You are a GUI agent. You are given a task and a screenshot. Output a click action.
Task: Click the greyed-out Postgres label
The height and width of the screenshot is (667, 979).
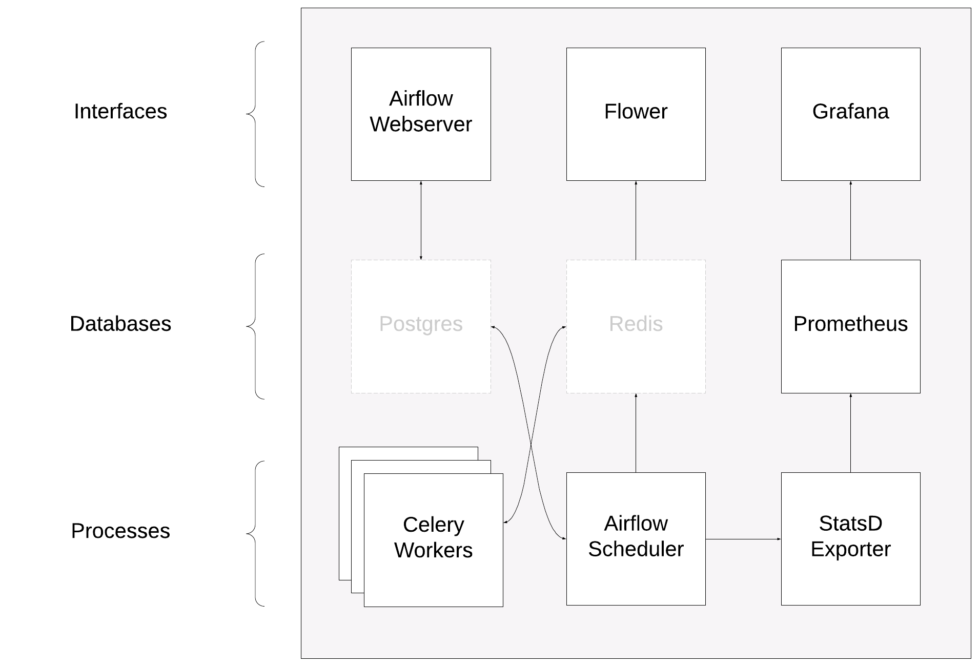coord(421,324)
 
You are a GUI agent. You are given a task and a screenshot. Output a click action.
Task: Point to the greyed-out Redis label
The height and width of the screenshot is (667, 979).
coord(636,324)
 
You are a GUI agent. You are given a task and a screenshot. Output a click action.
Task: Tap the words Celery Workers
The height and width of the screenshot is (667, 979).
coord(433,537)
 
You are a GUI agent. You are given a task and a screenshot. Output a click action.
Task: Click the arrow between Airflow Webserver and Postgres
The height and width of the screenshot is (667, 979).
coord(421,220)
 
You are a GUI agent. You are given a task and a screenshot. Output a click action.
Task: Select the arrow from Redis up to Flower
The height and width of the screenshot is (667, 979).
coord(636,220)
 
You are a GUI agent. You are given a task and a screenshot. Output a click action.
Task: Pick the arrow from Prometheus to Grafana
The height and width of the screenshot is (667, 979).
coord(850,220)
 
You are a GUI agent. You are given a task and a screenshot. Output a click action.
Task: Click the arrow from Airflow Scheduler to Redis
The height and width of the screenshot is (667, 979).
coord(636,433)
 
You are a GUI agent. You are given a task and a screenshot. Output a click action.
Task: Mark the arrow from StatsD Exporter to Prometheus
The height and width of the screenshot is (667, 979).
coord(850,433)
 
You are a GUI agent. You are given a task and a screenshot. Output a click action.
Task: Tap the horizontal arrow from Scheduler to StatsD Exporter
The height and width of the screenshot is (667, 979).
coord(743,539)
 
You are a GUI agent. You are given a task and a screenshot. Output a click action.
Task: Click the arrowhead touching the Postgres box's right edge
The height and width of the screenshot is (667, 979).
coord(494,327)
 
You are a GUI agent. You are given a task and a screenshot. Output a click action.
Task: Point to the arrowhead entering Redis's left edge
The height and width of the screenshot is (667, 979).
coord(563,327)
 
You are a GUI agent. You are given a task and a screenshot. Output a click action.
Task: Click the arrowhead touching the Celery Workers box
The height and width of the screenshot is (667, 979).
coord(506,522)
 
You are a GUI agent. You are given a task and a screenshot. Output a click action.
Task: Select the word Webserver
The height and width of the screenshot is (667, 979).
coord(421,124)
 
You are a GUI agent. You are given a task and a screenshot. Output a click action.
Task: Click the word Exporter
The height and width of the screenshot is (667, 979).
coord(850,549)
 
